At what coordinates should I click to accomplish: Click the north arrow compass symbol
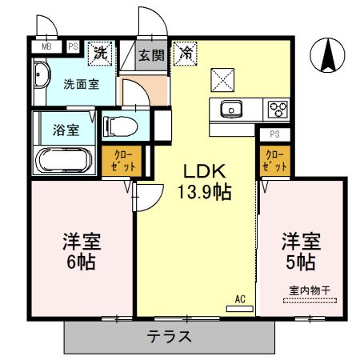coord(328,54)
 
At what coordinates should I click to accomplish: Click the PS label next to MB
coord(73,47)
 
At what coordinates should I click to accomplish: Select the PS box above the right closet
coord(274,134)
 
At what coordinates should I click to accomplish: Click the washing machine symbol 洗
coord(101,53)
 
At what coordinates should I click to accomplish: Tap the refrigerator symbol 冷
coord(186,54)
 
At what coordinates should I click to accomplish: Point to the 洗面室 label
coord(82,83)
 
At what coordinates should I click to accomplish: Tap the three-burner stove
coord(278,108)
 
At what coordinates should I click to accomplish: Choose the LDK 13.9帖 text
coord(207,182)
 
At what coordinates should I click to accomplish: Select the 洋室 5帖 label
coord(300,251)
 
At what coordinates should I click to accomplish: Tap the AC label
coord(239,300)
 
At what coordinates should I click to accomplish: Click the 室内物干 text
coord(309,291)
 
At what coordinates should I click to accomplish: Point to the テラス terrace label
coord(169,337)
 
